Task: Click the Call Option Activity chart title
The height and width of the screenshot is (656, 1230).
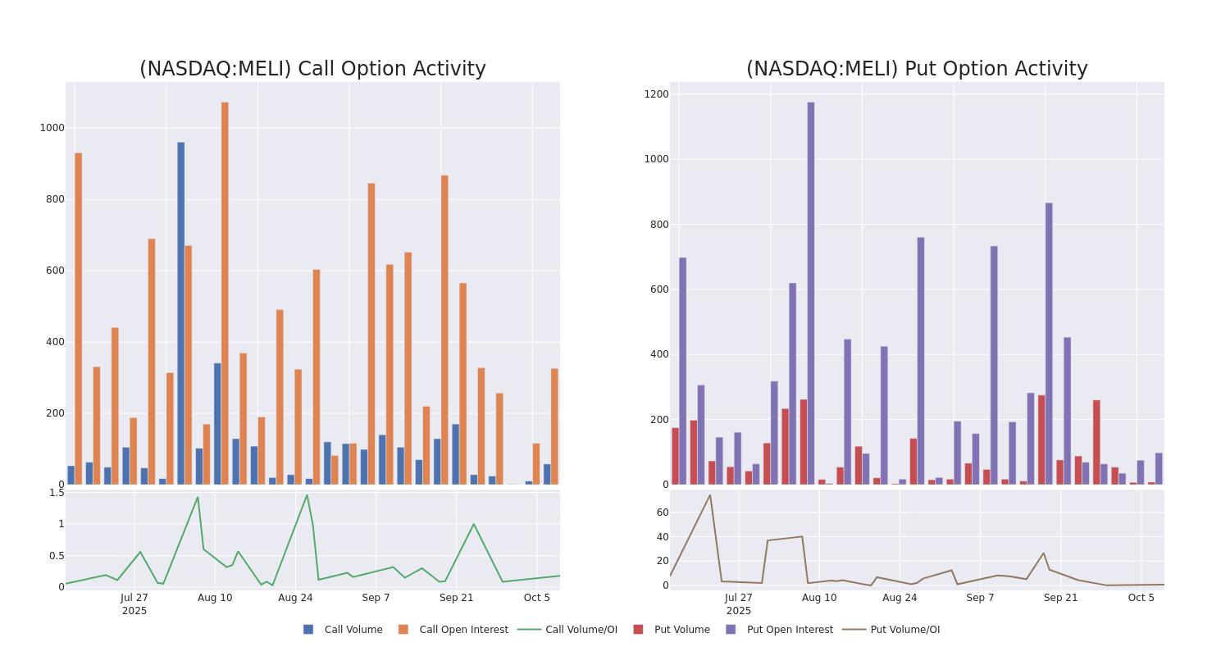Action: (x=312, y=69)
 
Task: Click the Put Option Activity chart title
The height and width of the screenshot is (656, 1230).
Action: (x=917, y=69)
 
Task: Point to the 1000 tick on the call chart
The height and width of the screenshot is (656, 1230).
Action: (x=52, y=128)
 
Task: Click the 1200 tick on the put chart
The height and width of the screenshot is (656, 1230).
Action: (x=656, y=94)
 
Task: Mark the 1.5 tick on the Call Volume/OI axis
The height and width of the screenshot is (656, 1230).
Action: (x=57, y=493)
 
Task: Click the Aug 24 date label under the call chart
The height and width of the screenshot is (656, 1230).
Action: (x=295, y=598)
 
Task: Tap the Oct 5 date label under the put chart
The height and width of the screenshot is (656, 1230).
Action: (x=1141, y=598)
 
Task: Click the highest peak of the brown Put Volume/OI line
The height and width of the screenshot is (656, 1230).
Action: (x=710, y=494)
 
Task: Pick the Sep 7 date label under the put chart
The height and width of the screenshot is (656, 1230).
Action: (x=980, y=598)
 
